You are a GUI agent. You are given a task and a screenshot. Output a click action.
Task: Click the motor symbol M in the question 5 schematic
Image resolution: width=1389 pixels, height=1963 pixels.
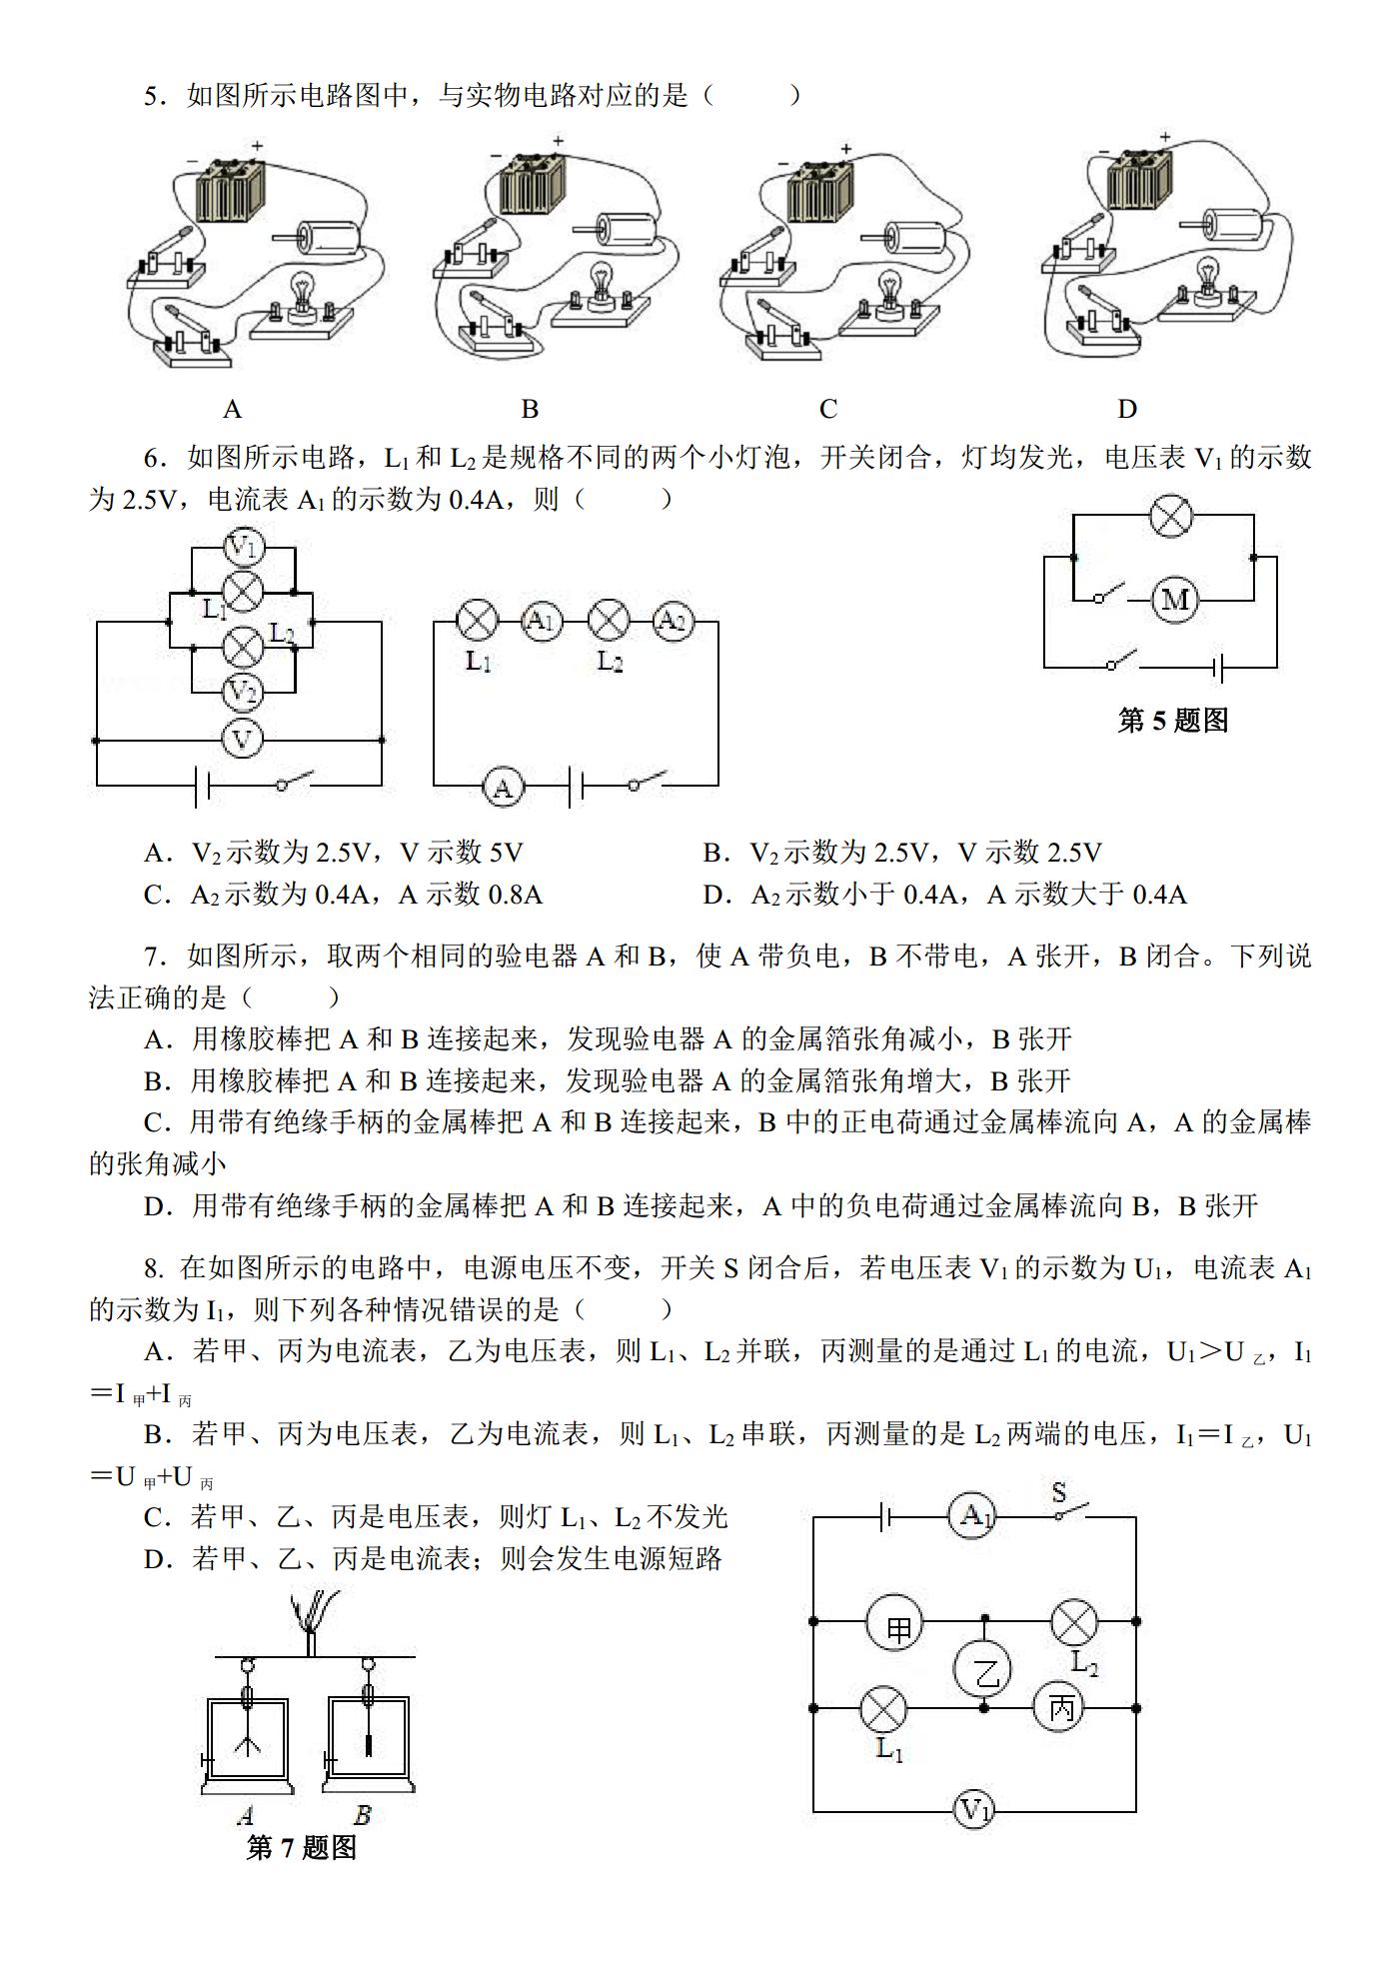1174,600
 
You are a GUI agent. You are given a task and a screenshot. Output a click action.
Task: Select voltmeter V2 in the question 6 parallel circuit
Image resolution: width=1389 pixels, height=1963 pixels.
242,691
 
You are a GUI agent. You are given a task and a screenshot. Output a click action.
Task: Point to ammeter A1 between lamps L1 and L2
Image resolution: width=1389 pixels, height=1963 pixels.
541,622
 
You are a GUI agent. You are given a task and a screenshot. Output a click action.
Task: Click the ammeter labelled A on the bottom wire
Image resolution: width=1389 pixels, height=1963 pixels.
503,788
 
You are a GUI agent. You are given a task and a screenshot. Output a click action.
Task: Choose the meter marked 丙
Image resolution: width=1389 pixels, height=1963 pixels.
1060,1708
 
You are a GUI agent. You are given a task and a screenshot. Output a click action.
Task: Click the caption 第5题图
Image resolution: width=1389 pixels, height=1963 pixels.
1173,721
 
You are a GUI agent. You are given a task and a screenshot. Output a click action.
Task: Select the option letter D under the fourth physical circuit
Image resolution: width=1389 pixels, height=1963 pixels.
1127,409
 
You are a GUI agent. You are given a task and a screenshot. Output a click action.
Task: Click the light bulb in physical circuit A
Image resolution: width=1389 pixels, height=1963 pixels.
300,295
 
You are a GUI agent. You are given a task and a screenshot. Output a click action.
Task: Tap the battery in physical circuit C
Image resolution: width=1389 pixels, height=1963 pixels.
819,192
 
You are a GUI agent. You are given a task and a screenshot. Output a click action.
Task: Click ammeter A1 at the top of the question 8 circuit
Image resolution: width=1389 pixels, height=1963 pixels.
972,1516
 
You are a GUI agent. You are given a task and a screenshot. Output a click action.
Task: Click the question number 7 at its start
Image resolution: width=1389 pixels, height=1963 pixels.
152,957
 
